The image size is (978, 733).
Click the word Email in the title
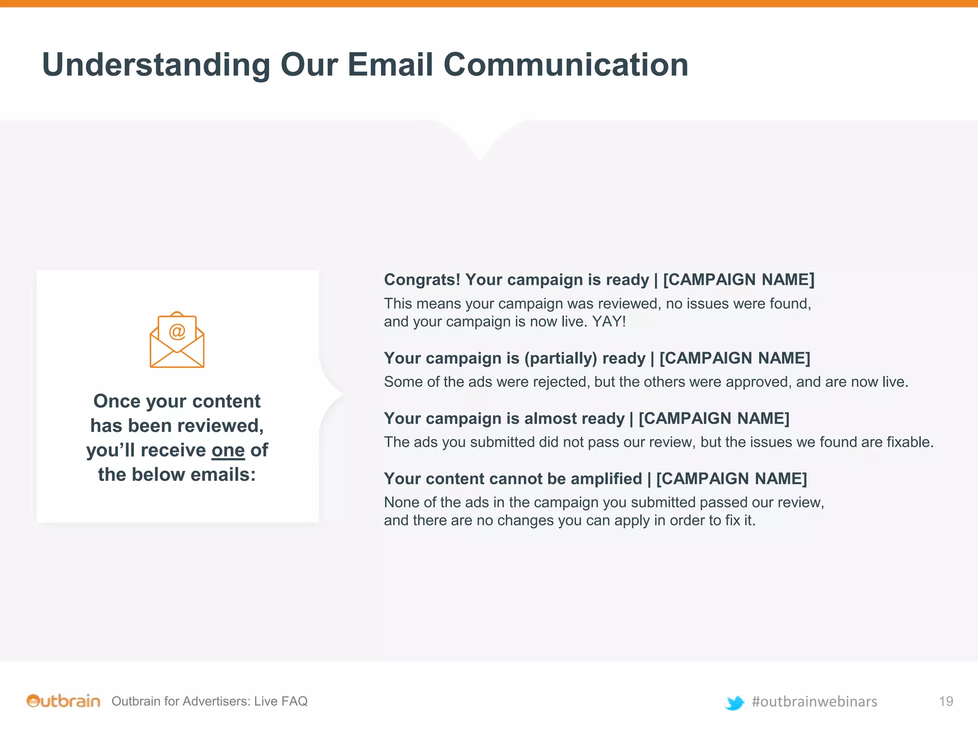point(391,64)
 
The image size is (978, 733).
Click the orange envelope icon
point(177,340)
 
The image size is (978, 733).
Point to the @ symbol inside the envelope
point(177,331)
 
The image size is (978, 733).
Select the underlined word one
point(228,450)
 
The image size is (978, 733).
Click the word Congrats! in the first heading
point(422,280)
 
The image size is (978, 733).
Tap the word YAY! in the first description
point(609,322)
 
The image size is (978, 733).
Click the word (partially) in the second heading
point(560,358)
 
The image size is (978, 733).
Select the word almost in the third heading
point(550,419)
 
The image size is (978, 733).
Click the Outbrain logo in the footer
point(64,701)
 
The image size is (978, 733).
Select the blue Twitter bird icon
point(734,702)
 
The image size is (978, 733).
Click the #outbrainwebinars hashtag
point(814,702)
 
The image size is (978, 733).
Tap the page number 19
point(946,702)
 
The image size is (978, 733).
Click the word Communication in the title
point(566,64)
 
